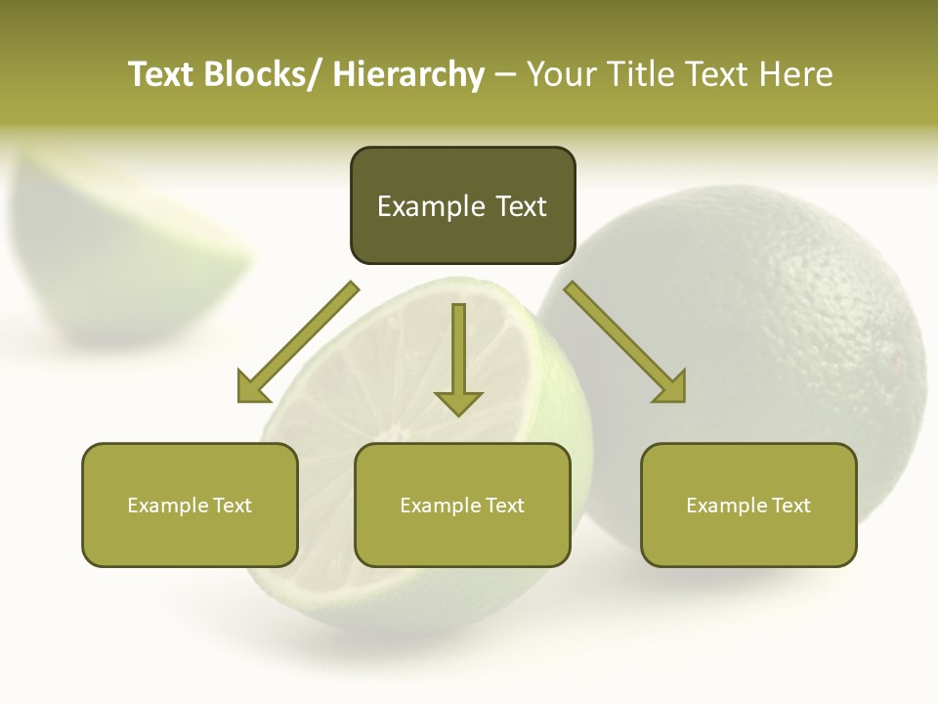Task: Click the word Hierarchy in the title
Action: point(408,74)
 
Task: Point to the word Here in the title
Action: point(798,74)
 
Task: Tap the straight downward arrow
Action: point(458,356)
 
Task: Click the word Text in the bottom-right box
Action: point(790,506)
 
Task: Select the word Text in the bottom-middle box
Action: point(504,506)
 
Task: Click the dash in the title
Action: point(505,74)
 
